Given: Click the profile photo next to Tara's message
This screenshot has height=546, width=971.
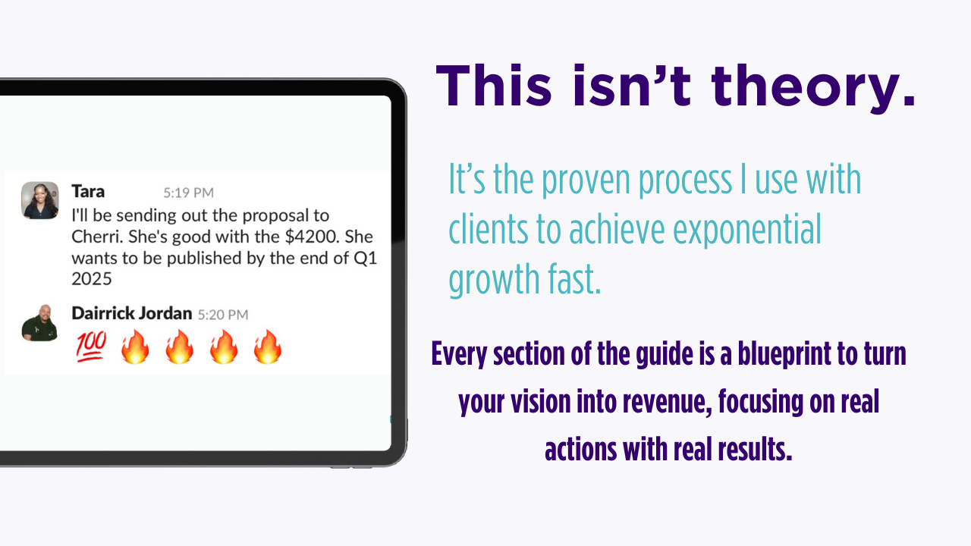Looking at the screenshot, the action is (x=40, y=200).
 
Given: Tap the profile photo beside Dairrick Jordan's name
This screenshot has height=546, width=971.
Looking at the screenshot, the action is (x=39, y=323).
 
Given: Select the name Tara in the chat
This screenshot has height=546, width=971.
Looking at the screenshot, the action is (x=88, y=191).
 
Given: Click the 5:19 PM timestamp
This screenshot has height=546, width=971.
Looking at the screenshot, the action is (x=189, y=193).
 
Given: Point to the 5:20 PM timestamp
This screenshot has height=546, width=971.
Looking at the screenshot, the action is (x=223, y=315).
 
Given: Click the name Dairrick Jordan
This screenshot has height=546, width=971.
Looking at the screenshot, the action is (x=132, y=313).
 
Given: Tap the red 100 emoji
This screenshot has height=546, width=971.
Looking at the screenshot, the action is (x=91, y=347).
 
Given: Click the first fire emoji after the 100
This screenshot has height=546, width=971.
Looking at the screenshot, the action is (x=135, y=347).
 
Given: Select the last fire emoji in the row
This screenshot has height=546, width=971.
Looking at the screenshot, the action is (x=268, y=347).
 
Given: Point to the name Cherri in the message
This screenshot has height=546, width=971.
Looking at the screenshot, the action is (x=98, y=237).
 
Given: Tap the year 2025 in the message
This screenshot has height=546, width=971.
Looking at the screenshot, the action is (x=92, y=279).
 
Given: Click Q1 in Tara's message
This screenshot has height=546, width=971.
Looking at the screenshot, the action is (x=366, y=259).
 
